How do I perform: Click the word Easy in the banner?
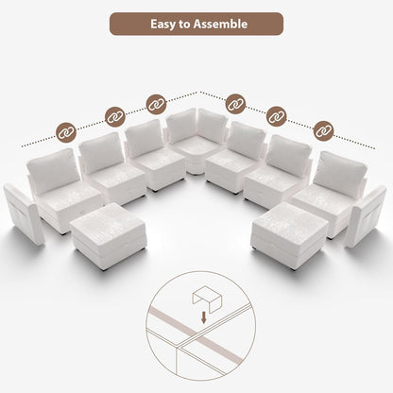click(166, 23)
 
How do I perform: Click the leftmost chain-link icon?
click(67, 132)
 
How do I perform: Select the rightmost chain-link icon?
click(323, 129)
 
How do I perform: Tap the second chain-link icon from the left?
click(115, 115)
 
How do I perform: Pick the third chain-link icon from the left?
click(156, 102)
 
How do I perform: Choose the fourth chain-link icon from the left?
click(236, 102)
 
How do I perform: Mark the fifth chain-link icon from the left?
click(276, 116)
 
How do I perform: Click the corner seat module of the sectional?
click(196, 142)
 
